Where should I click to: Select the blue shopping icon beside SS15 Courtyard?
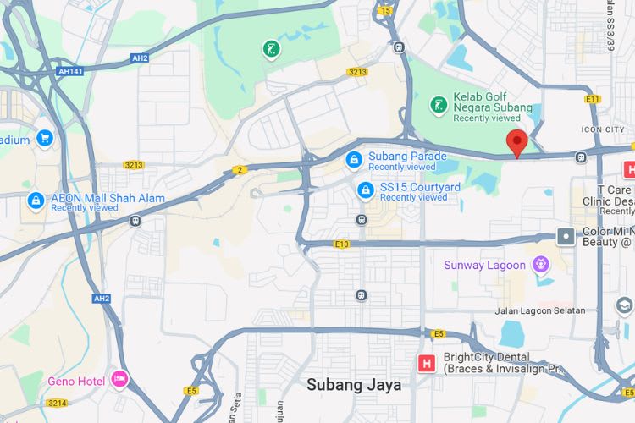pos(366,189)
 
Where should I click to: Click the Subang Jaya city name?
pos(354,384)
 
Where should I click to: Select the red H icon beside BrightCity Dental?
pos(428,364)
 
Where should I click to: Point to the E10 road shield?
pos(341,244)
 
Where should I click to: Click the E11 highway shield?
pos(592,99)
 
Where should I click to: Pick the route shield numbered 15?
pos(386,10)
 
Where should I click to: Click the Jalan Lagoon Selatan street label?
pos(541,310)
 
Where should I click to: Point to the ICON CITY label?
pos(603,129)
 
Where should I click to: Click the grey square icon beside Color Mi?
pos(566,236)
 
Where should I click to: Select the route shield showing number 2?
pos(240,170)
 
